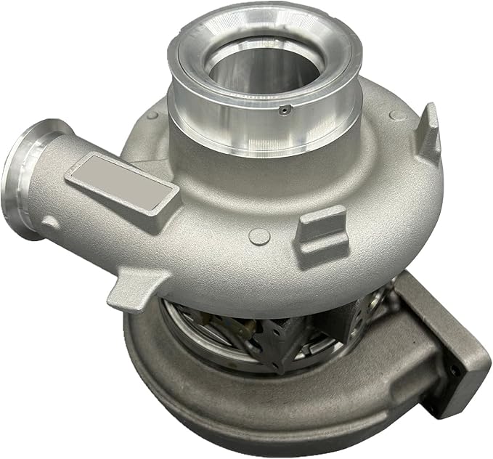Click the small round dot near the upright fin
394,115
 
